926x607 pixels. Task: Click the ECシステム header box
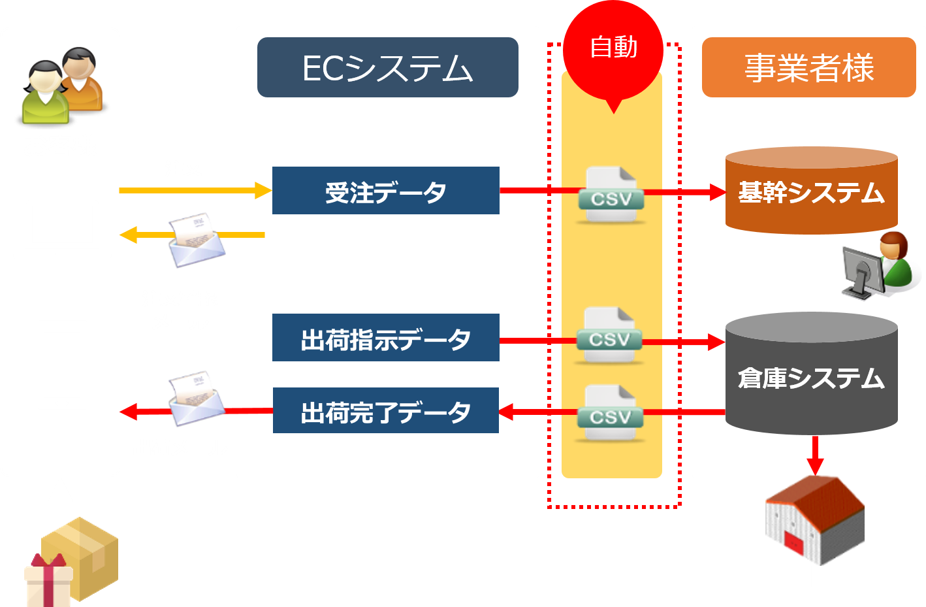tap(387, 68)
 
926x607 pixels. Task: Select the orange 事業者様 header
tap(808, 68)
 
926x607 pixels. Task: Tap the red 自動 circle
tap(613, 49)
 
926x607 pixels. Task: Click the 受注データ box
tap(385, 191)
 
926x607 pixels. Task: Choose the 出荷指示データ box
tap(385, 338)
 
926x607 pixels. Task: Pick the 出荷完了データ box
tap(385, 410)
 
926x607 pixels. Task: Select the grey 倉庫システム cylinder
tap(811, 376)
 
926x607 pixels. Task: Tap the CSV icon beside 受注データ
tap(611, 195)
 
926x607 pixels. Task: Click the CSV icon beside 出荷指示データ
tap(609, 336)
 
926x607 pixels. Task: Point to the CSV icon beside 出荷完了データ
tap(610, 413)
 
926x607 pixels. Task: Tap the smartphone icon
tap(62, 365)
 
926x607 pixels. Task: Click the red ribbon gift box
tap(48, 581)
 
